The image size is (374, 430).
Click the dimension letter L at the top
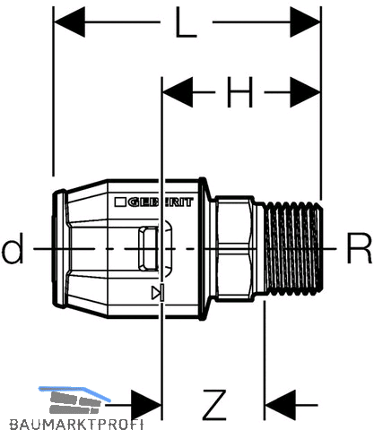(186, 22)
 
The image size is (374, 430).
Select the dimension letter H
(239, 92)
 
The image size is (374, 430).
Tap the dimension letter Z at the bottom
(214, 405)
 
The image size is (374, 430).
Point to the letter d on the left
(13, 248)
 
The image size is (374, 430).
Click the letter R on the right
(359, 248)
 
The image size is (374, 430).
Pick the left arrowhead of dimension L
(69, 22)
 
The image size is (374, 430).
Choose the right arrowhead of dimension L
(305, 22)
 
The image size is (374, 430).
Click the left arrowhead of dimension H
(178, 92)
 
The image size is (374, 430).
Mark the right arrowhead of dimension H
(305, 92)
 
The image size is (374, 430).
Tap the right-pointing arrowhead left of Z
(146, 405)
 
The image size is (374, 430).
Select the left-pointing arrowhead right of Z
(281, 405)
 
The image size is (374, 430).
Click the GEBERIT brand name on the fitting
(161, 202)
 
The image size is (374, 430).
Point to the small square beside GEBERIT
(120, 202)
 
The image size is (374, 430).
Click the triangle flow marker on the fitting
(158, 293)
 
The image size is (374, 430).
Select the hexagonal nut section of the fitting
(235, 248)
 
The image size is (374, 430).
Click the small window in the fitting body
(149, 248)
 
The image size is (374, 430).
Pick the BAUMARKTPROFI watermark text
(76, 424)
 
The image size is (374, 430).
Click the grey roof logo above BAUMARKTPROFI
(74, 400)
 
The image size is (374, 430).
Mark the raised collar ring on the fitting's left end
(59, 248)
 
